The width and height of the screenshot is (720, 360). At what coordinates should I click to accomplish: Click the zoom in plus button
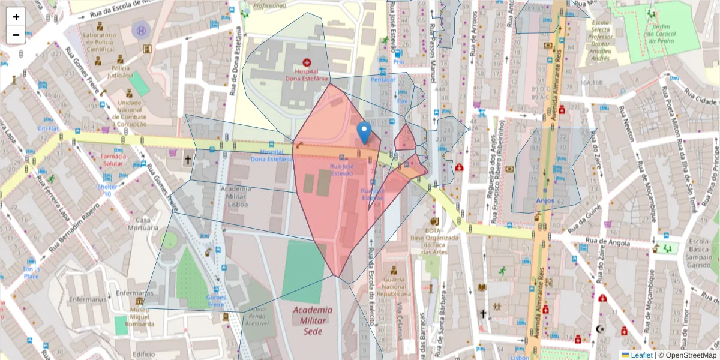(x=16, y=17)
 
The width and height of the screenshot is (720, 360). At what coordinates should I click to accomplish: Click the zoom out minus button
(x=16, y=35)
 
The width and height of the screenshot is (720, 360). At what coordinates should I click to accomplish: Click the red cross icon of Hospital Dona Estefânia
(x=307, y=62)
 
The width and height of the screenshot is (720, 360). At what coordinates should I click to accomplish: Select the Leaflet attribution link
(x=641, y=355)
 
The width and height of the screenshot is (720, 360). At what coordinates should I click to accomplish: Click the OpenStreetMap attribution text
(x=688, y=355)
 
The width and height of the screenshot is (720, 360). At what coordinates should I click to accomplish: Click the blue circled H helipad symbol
(x=141, y=30)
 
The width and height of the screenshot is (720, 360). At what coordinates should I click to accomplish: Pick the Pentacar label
(x=384, y=79)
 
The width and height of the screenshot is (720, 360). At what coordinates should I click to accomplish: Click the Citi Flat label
(x=48, y=128)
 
